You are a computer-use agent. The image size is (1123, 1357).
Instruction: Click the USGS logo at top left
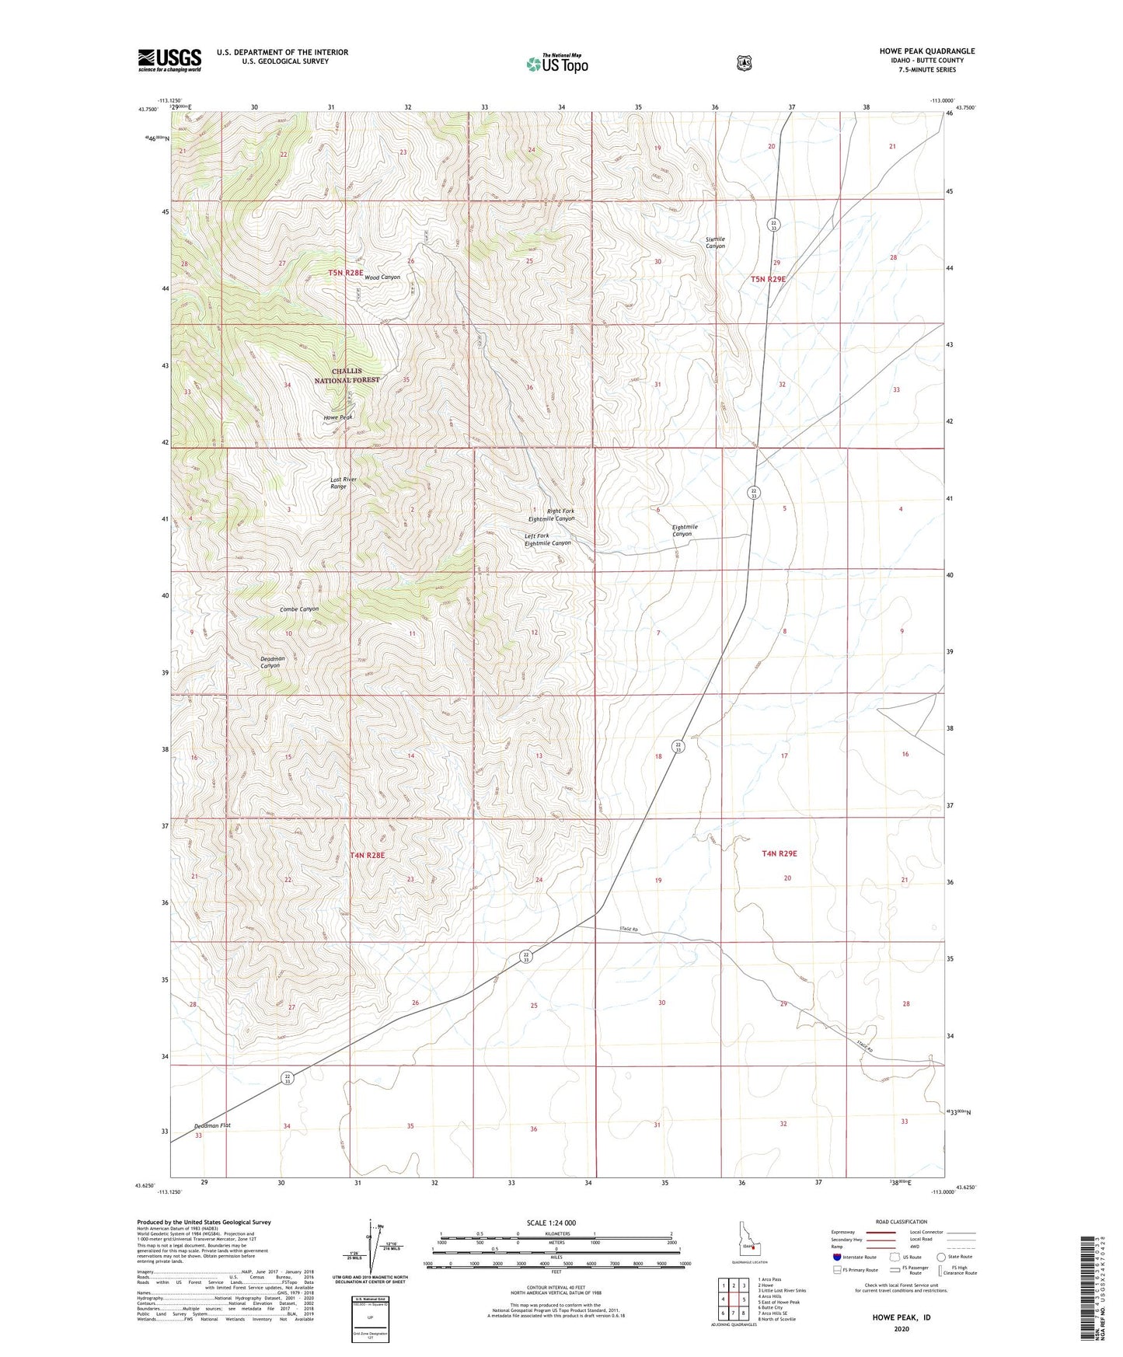[x=169, y=60]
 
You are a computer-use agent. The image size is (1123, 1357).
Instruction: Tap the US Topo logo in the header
[x=556, y=64]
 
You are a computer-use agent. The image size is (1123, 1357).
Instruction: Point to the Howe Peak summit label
[x=338, y=417]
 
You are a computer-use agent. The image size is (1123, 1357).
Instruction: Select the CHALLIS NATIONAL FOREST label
[x=347, y=375]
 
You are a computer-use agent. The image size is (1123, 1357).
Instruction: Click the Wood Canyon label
[x=382, y=277]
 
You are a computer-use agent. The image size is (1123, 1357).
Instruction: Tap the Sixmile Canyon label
[x=714, y=242]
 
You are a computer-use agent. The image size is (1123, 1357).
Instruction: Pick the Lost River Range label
[x=343, y=483]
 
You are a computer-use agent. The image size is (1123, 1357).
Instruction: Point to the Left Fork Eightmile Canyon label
[x=547, y=539]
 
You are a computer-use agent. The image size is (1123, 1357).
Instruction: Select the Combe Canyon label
[x=299, y=609]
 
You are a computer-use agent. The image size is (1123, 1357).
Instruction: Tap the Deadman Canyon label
[x=271, y=662]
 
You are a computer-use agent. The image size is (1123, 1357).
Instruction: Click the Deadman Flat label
[x=212, y=1125]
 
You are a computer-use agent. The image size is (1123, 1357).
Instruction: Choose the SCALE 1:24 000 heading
[x=551, y=1223]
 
